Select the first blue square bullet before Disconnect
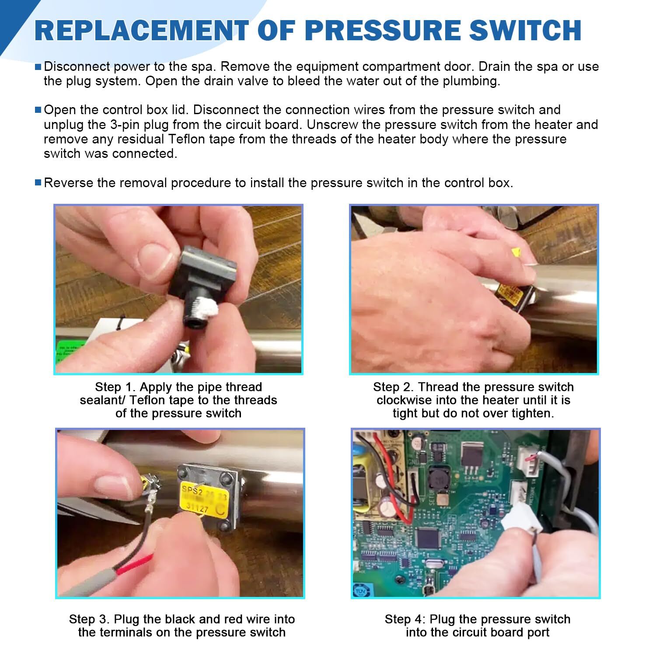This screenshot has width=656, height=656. [x=38, y=67]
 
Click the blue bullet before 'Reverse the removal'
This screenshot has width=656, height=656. [x=38, y=182]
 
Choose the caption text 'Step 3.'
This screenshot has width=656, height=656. [x=89, y=619]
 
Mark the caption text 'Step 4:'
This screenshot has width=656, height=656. [x=405, y=619]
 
